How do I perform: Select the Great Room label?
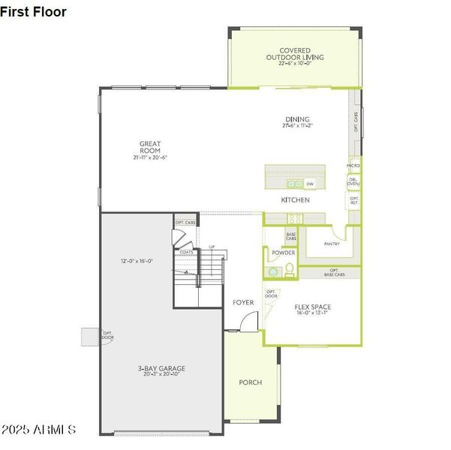(150, 150)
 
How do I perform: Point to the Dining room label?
(297, 121)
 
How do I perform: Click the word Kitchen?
(295, 200)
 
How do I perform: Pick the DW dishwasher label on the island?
(310, 183)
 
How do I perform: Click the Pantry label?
(332, 244)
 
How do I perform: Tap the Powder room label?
(283, 253)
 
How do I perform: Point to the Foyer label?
(242, 302)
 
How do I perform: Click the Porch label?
(250, 382)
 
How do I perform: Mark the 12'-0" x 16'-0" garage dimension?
(137, 261)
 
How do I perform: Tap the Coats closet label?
(186, 253)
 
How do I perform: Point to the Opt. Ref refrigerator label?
(354, 200)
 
